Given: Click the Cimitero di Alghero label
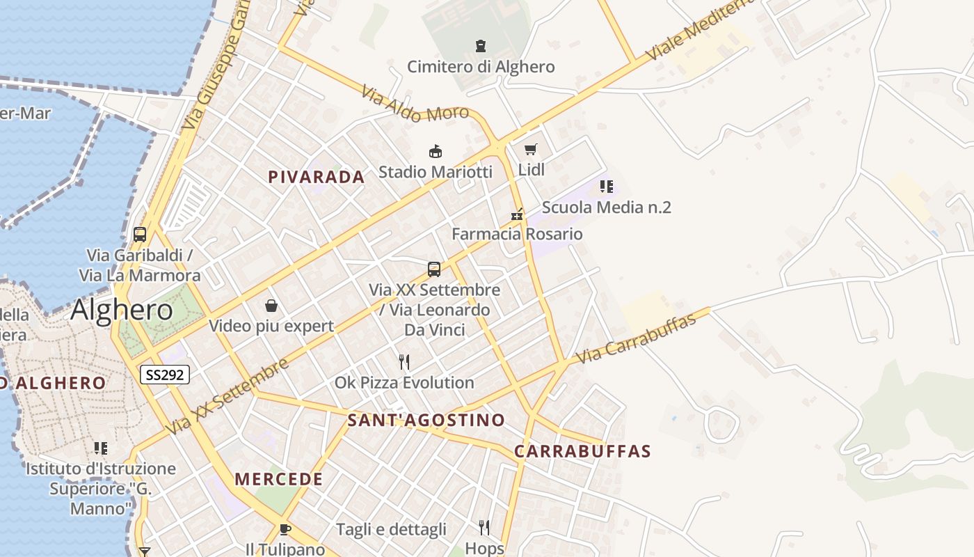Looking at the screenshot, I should (481, 67).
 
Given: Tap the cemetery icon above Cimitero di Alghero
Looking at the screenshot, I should (480, 46).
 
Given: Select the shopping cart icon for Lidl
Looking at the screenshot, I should (531, 149).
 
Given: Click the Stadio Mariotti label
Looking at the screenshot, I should (435, 171).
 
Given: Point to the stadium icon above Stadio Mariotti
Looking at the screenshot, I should (436, 151).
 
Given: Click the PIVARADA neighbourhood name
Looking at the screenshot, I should (317, 177).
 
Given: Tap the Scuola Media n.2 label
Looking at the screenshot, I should (606, 207).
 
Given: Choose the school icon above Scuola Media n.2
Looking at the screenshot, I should (607, 187).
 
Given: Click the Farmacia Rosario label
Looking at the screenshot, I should (517, 234).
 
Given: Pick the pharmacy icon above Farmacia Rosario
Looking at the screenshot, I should (517, 214).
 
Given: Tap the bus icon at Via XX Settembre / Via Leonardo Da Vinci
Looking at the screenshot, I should (434, 269).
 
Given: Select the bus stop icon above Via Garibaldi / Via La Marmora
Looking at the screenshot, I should (140, 235).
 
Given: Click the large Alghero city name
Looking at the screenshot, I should (122, 310).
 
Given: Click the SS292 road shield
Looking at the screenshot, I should (165, 375).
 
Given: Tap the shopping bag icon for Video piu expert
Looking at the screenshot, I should (271, 306).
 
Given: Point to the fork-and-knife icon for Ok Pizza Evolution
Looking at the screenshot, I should (404, 362).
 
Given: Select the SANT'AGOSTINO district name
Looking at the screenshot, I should (426, 421).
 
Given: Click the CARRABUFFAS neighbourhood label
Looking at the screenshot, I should (582, 451).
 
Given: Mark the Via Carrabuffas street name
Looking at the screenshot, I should (637, 338).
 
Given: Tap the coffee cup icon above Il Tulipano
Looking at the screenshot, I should (285, 529).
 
